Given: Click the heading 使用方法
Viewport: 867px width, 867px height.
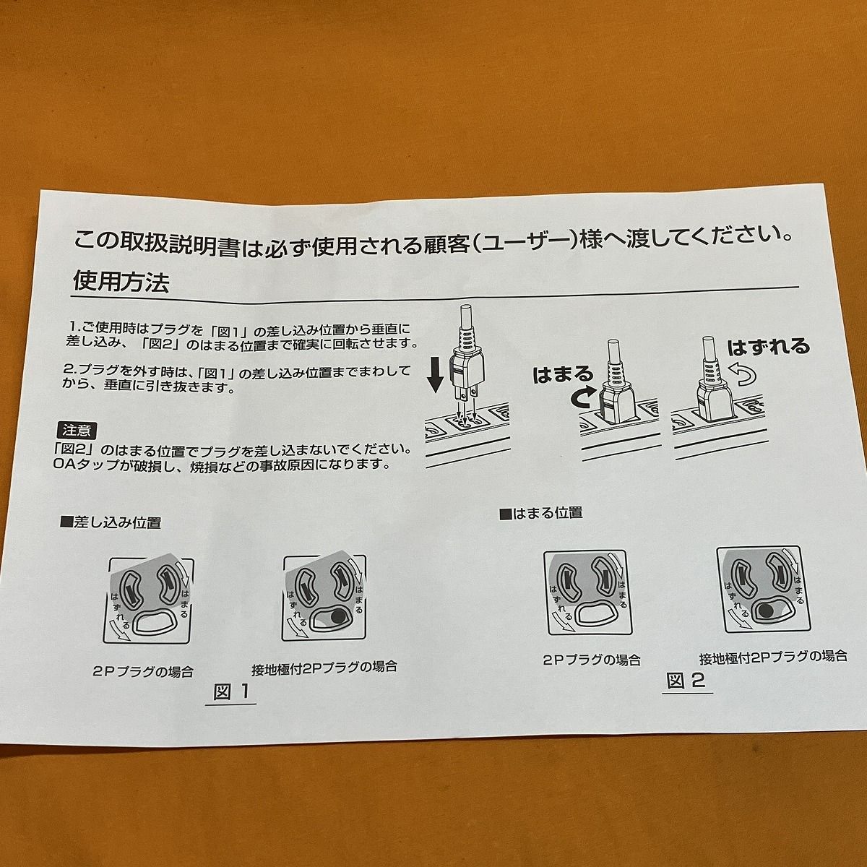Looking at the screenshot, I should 121,282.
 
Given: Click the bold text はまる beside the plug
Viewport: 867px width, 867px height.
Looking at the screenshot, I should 563,374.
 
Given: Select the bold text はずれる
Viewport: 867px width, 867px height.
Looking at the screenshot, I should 767,347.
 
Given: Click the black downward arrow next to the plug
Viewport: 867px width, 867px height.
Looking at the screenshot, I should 434,371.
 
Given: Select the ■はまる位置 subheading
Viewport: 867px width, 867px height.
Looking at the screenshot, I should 540,513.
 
